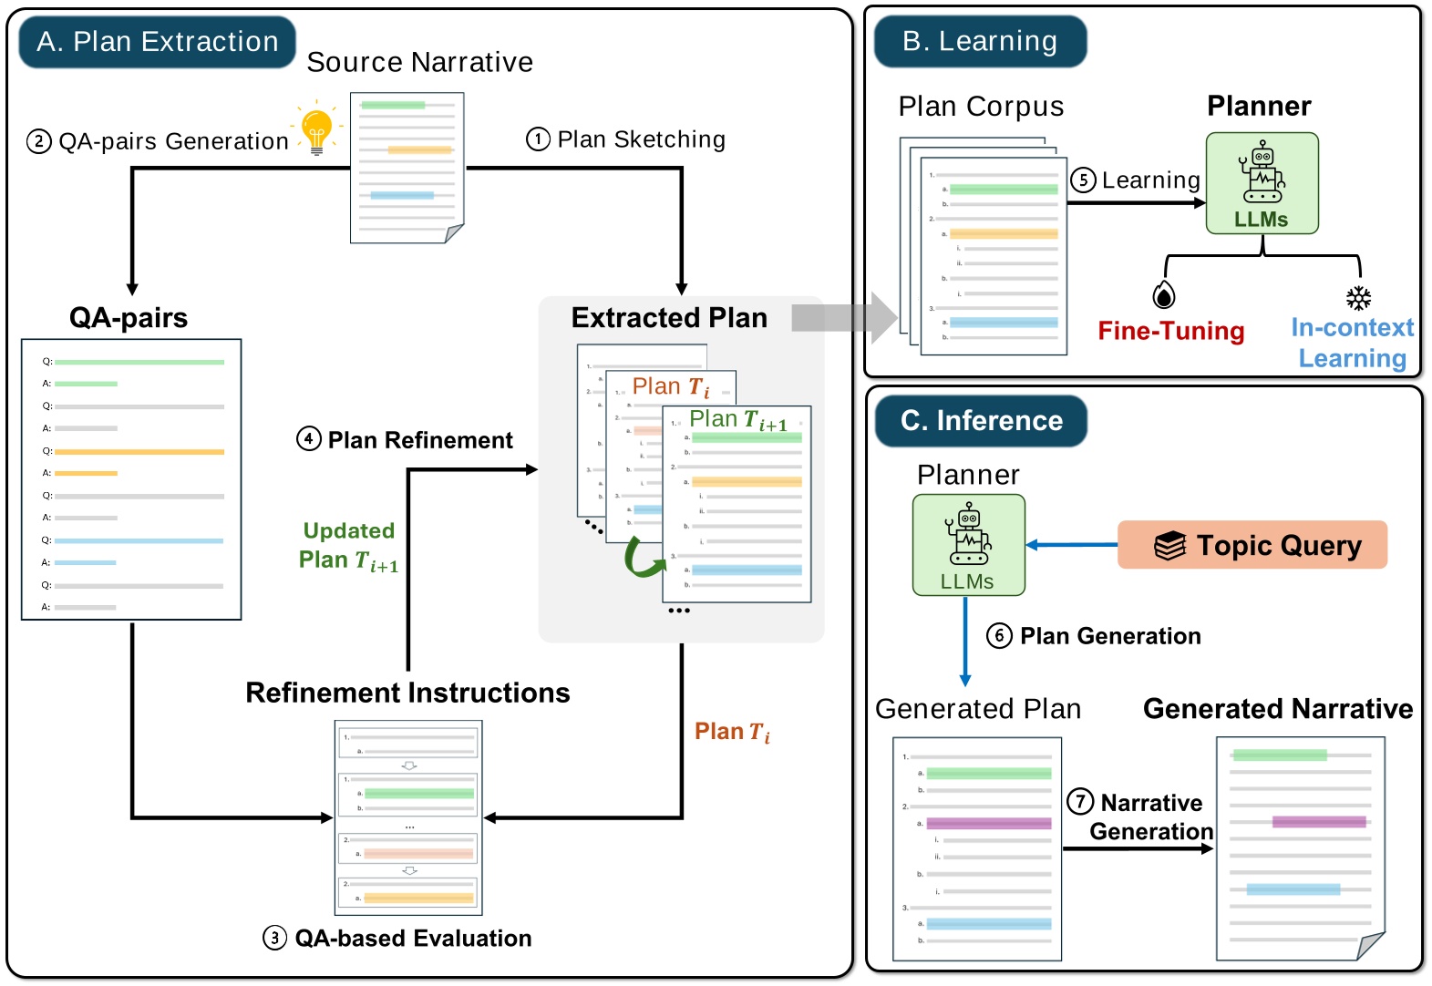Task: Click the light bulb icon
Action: tap(316, 130)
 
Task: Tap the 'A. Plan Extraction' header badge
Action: tap(158, 42)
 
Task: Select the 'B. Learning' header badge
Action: tap(980, 42)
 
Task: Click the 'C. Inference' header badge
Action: tap(981, 421)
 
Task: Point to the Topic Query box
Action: tap(1252, 545)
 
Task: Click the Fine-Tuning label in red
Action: tap(1170, 331)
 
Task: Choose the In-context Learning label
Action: tap(1352, 343)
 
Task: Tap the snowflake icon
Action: tap(1358, 298)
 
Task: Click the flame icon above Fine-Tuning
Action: tap(1164, 295)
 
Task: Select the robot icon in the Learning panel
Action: tap(1262, 173)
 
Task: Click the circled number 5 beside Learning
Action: tap(1082, 180)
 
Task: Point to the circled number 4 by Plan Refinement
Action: tap(309, 439)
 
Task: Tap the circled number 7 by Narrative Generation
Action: tap(1080, 801)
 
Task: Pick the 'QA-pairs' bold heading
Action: tap(129, 318)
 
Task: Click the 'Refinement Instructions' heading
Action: tap(407, 693)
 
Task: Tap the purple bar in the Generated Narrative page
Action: tap(1318, 822)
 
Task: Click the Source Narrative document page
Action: tap(407, 168)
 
